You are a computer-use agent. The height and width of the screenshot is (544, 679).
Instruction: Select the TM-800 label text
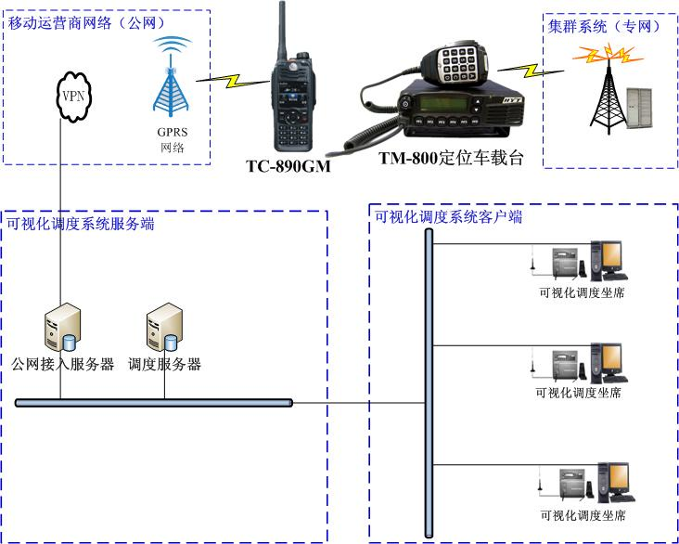(453, 158)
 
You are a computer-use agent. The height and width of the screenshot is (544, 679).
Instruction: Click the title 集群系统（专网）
(605, 27)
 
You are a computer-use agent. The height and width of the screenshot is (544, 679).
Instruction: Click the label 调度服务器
(165, 364)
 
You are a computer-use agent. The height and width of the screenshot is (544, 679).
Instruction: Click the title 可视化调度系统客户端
(448, 218)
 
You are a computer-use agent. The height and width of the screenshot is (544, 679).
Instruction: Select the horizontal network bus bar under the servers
(154, 402)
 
